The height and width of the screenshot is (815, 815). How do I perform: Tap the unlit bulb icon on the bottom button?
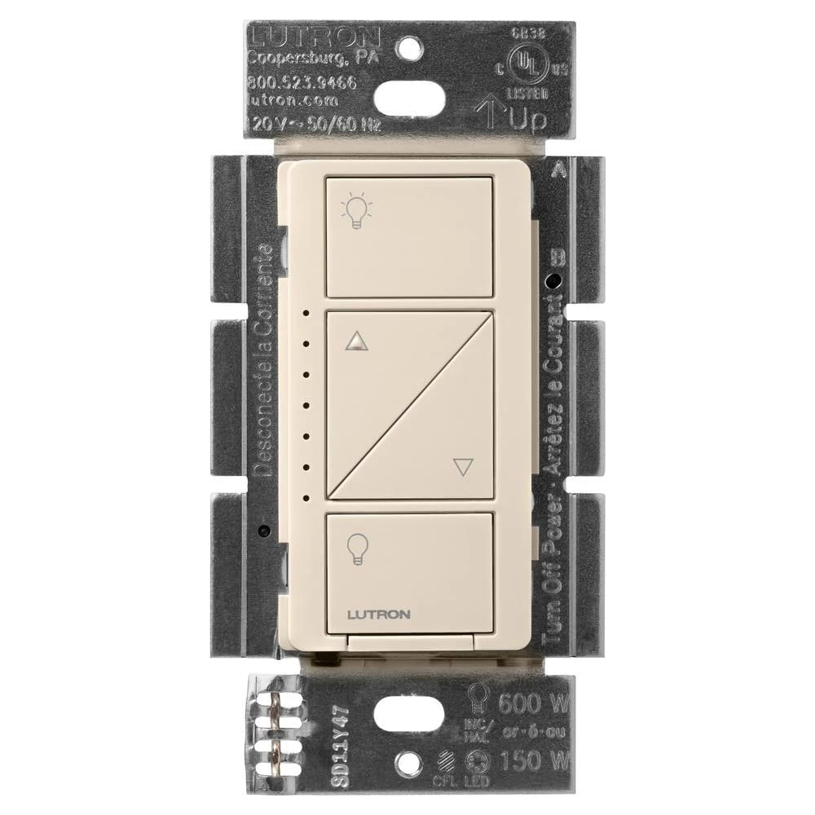356,547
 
